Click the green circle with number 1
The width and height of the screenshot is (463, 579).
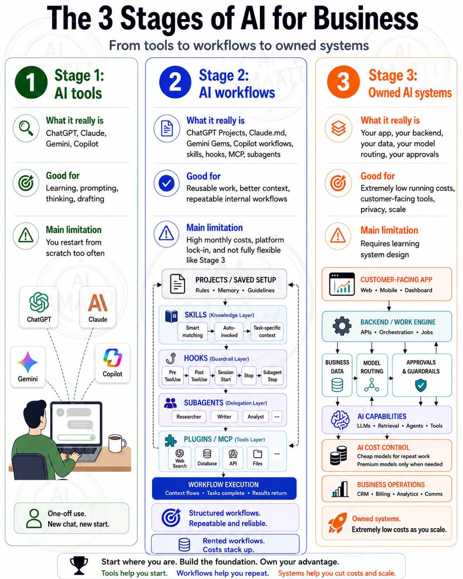(31, 82)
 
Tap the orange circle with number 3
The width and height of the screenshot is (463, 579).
(343, 82)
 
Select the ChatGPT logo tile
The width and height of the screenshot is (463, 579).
(39, 307)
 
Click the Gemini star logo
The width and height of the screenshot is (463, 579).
(28, 362)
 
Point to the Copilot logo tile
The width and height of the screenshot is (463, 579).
(112, 363)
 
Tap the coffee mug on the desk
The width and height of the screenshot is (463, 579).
(117, 443)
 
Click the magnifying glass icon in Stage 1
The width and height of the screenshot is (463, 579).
(26, 128)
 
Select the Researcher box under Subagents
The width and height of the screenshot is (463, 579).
(189, 417)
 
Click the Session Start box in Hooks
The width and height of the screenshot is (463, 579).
(226, 375)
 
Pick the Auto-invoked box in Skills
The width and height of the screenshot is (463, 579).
(229, 332)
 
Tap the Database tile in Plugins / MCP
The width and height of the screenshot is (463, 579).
(207, 458)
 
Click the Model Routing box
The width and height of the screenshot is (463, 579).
(372, 375)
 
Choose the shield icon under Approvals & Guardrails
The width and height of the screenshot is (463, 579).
(421, 385)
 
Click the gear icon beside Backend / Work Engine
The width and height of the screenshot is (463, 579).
(342, 326)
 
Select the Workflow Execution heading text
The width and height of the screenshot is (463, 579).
(223, 484)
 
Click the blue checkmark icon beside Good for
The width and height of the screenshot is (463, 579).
(167, 183)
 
